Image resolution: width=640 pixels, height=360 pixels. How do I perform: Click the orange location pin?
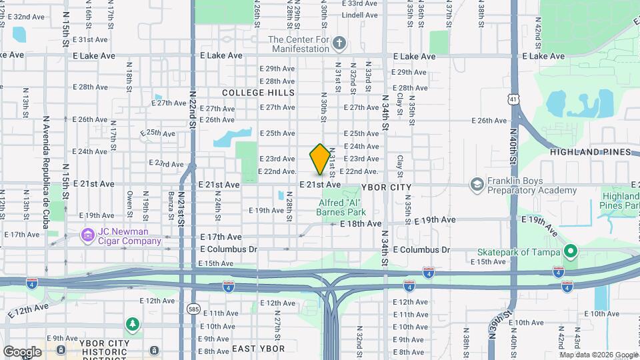(x=320, y=159)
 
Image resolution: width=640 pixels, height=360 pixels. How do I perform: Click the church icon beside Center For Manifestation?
(x=339, y=44)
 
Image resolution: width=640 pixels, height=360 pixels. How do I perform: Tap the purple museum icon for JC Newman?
(x=87, y=235)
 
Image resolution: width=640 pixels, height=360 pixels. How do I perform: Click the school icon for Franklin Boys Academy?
(x=477, y=183)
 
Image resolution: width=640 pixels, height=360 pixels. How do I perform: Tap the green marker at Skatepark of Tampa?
(x=570, y=251)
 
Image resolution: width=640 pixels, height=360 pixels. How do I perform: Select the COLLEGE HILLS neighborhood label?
(x=258, y=92)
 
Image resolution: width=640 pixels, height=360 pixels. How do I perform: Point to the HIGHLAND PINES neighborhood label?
(x=590, y=152)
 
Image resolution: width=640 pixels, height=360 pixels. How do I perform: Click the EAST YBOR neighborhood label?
(x=258, y=349)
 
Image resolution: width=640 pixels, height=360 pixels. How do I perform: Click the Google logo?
(x=22, y=351)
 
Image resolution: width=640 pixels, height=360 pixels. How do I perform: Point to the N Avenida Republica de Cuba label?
(x=47, y=172)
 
